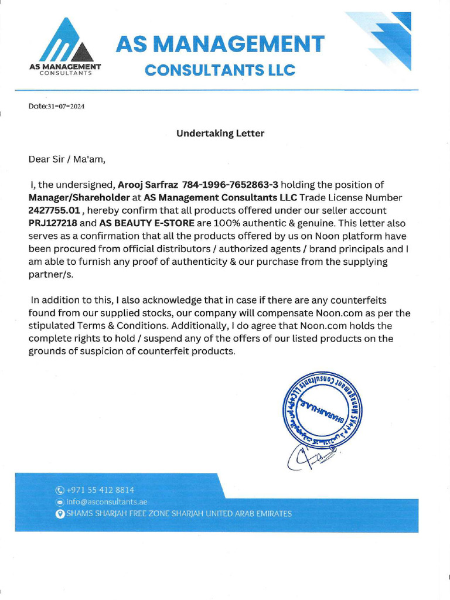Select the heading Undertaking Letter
pos(220,133)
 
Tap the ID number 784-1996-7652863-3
pos(231,185)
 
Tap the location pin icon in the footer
pos(59,514)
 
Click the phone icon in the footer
pos(59,490)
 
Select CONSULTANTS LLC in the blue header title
pos(220,70)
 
